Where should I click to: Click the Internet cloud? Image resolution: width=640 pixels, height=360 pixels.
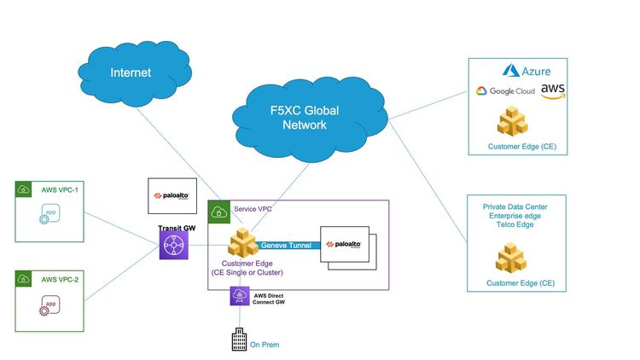131,73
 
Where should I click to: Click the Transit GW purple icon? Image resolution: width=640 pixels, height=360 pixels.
174,247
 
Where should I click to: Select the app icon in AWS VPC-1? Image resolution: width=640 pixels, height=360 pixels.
50,213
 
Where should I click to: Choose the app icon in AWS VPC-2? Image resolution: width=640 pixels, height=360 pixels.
50,304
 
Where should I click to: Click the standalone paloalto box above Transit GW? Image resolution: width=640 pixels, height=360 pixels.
174,196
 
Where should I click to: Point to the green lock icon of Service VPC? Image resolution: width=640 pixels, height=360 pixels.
218,210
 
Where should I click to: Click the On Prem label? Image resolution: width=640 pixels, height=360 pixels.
265,345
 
